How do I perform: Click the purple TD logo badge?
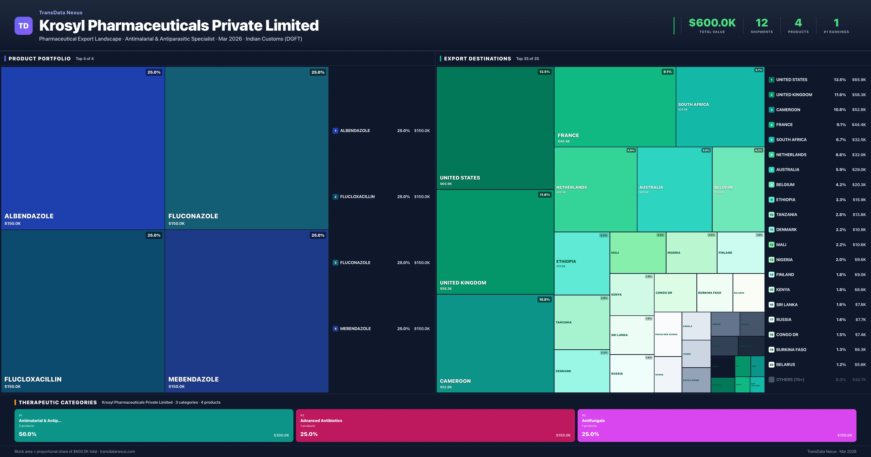point(23,26)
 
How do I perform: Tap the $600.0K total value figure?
point(712,23)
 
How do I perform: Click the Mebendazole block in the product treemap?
point(246,311)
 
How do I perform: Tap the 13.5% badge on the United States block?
point(544,72)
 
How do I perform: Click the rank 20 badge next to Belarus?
point(771,365)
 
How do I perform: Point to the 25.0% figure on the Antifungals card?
point(590,434)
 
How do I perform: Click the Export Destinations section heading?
point(477,59)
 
